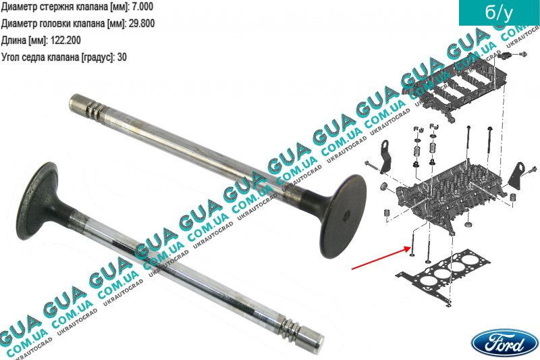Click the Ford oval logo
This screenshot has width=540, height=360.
[x=504, y=343]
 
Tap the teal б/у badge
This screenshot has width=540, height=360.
[x=499, y=13]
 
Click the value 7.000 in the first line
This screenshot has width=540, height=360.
[x=142, y=7]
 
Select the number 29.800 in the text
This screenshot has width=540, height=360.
[x=141, y=24]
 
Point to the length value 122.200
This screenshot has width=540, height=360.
[x=65, y=41]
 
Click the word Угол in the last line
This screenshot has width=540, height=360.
[x=11, y=57]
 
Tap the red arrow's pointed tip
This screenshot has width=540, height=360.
[x=409, y=249]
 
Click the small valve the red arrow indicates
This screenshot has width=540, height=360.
[x=412, y=244]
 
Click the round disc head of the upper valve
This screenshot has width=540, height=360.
[x=343, y=216]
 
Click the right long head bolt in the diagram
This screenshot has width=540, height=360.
[x=491, y=144]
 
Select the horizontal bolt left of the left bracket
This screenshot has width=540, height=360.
[x=373, y=165]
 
